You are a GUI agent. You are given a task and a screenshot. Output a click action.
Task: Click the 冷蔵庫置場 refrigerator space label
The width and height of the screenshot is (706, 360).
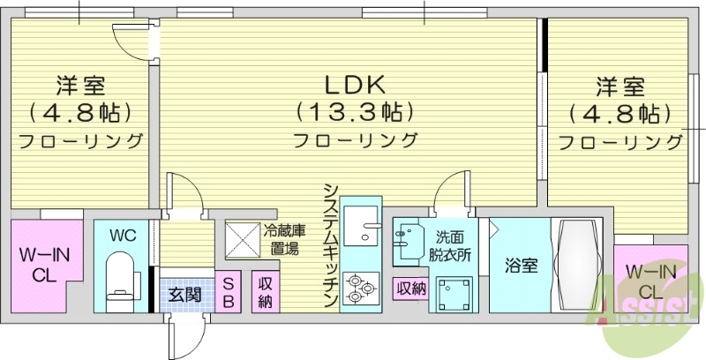284,238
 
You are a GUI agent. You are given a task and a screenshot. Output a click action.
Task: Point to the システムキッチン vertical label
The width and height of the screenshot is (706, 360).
330,246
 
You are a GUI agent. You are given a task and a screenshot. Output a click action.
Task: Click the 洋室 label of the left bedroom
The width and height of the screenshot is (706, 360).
81,86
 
